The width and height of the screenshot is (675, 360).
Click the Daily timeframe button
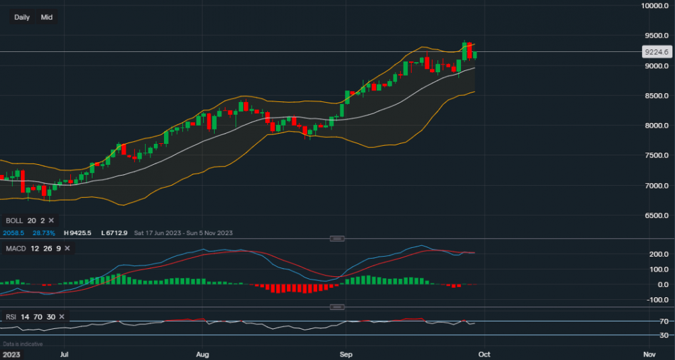tap(22, 17)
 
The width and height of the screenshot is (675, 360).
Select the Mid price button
tap(47, 17)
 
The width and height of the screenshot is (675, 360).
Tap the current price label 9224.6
tap(656, 51)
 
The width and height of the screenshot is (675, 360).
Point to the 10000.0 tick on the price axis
tap(655, 5)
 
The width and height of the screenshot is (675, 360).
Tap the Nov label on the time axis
tap(649, 353)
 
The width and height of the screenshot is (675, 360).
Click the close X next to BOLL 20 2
tap(51, 221)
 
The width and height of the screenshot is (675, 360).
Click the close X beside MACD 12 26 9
tap(67, 249)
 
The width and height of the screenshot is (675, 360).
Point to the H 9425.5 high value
tap(78, 233)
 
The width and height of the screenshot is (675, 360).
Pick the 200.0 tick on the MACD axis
tap(659, 255)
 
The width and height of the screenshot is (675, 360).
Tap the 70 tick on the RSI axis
tap(664, 322)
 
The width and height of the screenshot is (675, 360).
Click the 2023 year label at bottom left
tap(11, 353)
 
